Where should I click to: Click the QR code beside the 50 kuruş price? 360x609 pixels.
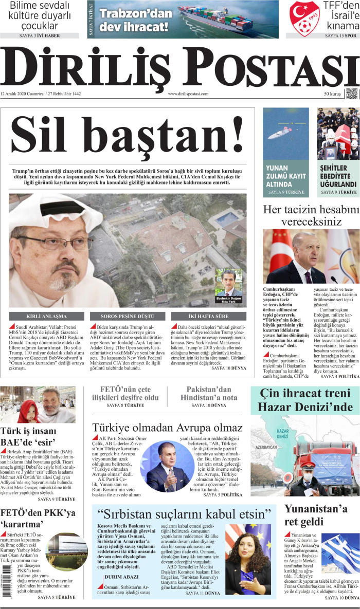pos(351,94)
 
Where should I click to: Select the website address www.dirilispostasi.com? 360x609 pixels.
pos(188,94)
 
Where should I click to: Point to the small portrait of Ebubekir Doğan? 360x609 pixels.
pos(228,282)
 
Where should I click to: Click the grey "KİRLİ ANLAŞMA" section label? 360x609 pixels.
pos(45,316)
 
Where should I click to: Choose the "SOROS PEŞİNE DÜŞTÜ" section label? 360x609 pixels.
pos(127,316)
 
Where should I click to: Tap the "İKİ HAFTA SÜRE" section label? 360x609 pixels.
pos(208,316)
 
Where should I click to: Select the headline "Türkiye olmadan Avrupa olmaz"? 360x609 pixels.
pos(167,428)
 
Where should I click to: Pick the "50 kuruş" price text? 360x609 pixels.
pos(333,94)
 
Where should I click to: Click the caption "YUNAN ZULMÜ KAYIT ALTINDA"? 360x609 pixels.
pos(286,176)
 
